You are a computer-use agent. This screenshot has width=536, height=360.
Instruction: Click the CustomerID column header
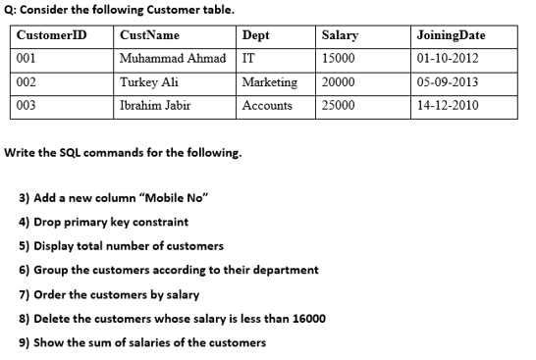pyautogui.click(x=52, y=35)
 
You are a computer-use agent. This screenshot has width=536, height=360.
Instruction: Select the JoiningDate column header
pyautogui.click(x=452, y=35)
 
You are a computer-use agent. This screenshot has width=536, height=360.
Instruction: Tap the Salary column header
pyautogui.click(x=340, y=35)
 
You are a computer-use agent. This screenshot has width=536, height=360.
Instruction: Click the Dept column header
pyautogui.click(x=255, y=35)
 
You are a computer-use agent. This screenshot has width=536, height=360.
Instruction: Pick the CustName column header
pyautogui.click(x=148, y=35)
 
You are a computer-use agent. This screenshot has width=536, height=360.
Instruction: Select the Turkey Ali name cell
pyautogui.click(x=148, y=82)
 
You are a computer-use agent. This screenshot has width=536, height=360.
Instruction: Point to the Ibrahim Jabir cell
pyautogui.click(x=155, y=105)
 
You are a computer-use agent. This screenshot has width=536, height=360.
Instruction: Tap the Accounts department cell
pyautogui.click(x=267, y=105)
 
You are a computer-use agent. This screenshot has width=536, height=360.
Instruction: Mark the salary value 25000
pyautogui.click(x=338, y=105)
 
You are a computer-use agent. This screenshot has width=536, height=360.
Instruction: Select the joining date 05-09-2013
pyautogui.click(x=448, y=82)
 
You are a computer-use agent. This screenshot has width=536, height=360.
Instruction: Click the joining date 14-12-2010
pyautogui.click(x=448, y=105)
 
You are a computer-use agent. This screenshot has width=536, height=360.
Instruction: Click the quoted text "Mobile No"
pyautogui.click(x=178, y=197)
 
